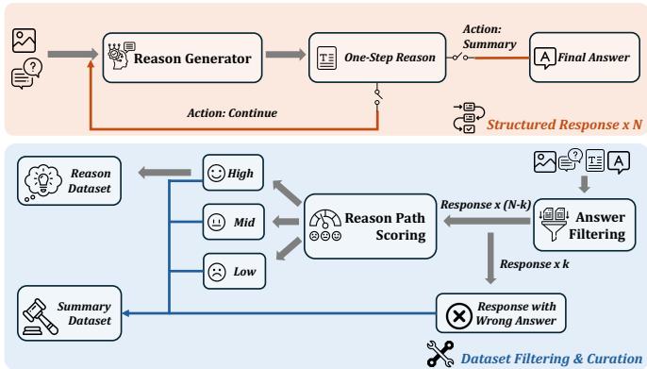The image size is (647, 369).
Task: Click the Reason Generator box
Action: click(180, 59)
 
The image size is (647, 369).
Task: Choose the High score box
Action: click(233, 173)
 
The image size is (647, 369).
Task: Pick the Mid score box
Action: click(233, 222)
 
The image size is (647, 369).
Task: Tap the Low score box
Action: click(233, 270)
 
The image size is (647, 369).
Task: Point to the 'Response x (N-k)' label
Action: click(484, 204)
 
